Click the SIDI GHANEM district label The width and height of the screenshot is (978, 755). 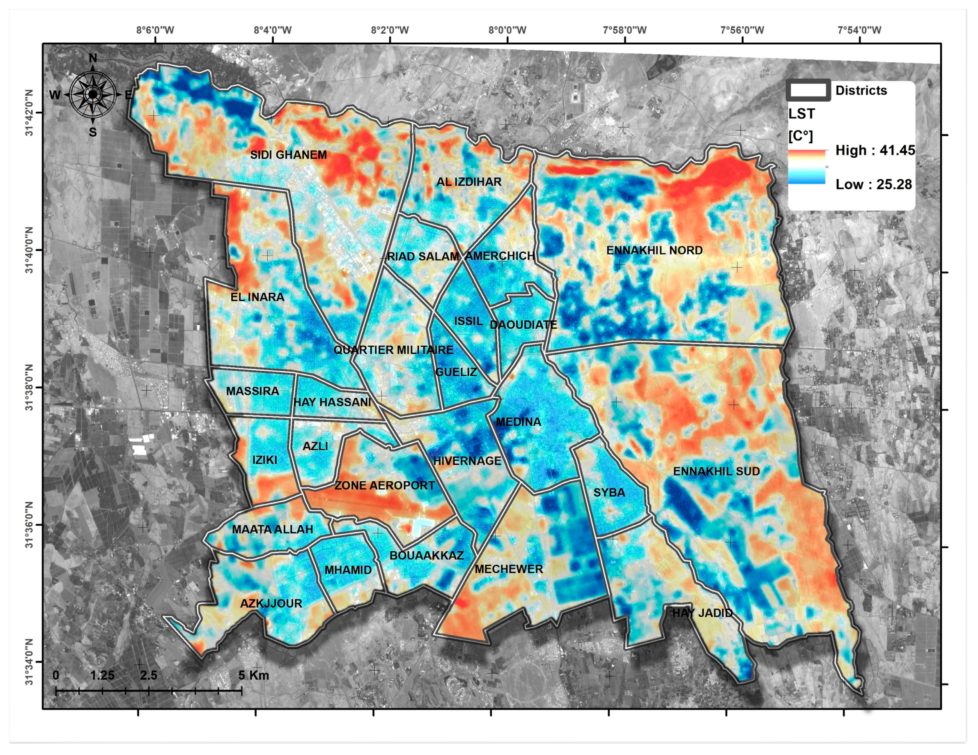click(x=288, y=155)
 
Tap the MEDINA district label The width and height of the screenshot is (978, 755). click(x=518, y=422)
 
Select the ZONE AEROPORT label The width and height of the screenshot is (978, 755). click(x=385, y=485)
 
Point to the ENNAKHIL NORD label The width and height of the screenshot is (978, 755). click(x=654, y=250)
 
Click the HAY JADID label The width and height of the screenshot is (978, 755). click(x=702, y=613)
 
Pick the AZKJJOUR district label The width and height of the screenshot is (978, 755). click(x=271, y=603)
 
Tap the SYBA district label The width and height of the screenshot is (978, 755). click(x=609, y=493)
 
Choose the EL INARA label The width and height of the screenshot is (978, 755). click(x=257, y=297)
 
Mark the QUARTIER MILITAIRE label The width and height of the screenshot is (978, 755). click(x=393, y=350)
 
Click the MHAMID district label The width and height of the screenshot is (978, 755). click(x=348, y=570)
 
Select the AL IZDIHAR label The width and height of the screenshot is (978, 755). click(x=469, y=182)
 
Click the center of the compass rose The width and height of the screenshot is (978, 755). click(x=93, y=94)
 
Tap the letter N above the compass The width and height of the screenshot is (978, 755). click(x=93, y=58)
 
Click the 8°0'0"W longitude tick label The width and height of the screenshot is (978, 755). click(x=507, y=30)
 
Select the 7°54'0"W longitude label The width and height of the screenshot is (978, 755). click(x=859, y=30)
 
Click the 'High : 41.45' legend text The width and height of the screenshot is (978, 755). click(x=875, y=150)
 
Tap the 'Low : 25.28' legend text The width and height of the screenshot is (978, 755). click(x=873, y=184)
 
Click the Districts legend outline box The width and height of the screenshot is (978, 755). click(x=808, y=90)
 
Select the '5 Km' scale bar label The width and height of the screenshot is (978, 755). click(x=253, y=675)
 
